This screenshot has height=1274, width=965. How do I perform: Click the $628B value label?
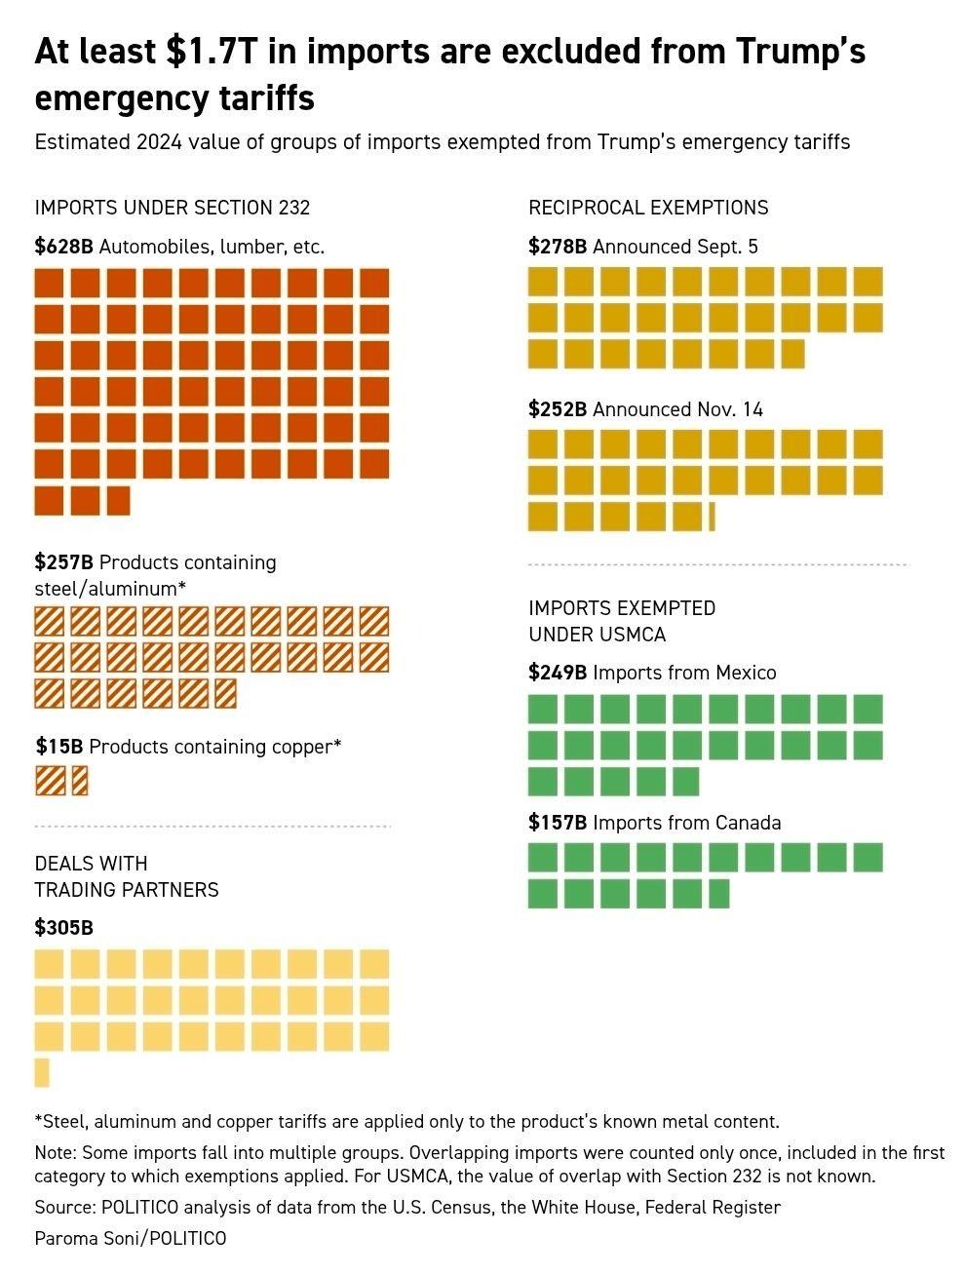(x=63, y=247)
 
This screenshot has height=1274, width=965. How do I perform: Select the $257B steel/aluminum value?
(x=63, y=562)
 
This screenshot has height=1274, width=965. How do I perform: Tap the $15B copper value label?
(x=59, y=747)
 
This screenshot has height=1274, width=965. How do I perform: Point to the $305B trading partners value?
(x=63, y=927)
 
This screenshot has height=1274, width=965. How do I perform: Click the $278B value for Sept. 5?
(x=558, y=247)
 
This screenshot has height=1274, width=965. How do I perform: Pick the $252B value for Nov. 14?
(x=558, y=409)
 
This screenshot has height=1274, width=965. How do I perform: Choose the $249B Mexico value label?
(x=558, y=673)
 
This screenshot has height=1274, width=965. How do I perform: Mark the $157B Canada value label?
(x=558, y=823)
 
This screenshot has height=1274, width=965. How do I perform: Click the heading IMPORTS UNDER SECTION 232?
(x=173, y=208)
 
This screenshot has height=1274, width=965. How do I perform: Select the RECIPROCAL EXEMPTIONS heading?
(x=648, y=208)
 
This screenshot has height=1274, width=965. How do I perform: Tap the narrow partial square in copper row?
(x=79, y=781)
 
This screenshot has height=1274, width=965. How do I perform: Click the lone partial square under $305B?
(x=41, y=1072)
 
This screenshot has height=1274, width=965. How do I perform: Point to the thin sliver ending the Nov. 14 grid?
(x=713, y=517)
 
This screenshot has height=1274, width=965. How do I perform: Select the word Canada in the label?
(x=748, y=823)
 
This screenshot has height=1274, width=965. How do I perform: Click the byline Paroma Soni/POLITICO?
(x=130, y=1239)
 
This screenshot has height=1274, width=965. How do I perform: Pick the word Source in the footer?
(x=62, y=1208)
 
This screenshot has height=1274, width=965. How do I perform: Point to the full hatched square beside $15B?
(x=51, y=781)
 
